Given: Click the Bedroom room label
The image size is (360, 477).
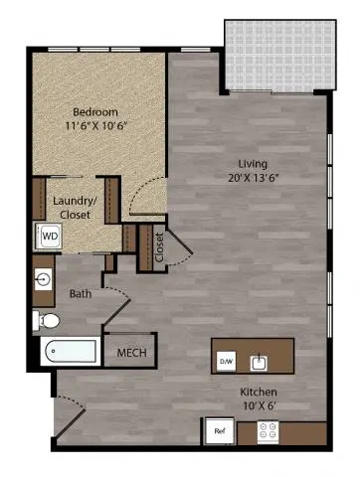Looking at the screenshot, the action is click(x=95, y=112).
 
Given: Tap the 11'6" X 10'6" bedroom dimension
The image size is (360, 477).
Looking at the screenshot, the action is click(x=96, y=126).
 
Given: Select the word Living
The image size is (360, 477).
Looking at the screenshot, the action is click(x=253, y=164).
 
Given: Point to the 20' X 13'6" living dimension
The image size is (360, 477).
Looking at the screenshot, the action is click(x=253, y=178).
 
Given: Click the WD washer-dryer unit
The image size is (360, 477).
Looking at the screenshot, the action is click(x=50, y=237).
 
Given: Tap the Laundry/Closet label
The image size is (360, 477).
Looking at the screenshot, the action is click(x=75, y=208).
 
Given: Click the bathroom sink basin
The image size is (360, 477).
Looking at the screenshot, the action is click(x=43, y=279).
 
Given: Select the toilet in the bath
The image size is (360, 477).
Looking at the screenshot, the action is click(x=46, y=320).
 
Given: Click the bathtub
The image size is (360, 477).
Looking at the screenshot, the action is click(x=71, y=351).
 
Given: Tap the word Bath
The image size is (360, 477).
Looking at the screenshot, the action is click(x=81, y=294).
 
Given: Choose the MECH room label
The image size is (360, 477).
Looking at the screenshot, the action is click(x=131, y=353).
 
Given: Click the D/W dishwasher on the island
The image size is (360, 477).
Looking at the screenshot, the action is click(x=227, y=362).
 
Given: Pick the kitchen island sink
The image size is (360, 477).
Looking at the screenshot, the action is click(x=259, y=363).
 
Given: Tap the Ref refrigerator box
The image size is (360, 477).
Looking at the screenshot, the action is click(x=220, y=430).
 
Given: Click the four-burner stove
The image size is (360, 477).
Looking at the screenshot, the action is click(x=268, y=430).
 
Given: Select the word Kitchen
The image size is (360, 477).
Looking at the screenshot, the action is click(x=259, y=393).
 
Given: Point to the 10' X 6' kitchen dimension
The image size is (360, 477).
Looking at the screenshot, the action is click(x=260, y=406).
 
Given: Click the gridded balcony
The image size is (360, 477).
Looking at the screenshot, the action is click(x=280, y=55).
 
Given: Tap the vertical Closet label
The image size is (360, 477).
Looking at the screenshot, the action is click(x=160, y=247).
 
